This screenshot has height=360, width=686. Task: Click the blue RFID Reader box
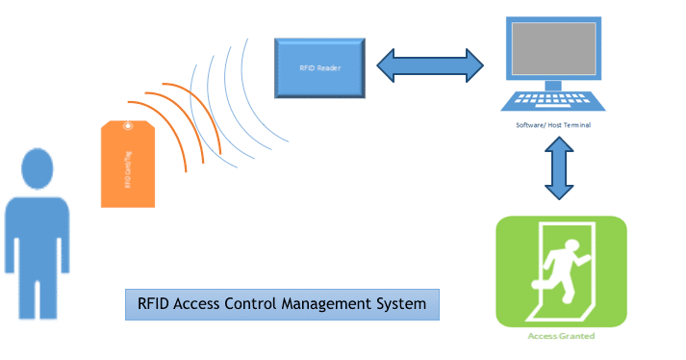click(x=320, y=67)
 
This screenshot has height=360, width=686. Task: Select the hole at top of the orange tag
click(x=128, y=124)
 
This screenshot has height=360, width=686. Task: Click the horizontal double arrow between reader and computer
click(x=428, y=64)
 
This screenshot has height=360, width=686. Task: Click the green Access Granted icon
click(x=560, y=271)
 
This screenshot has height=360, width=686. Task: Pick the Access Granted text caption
click(x=561, y=336)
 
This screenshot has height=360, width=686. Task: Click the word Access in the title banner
click(x=200, y=304)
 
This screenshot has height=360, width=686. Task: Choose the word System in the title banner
click(x=403, y=304)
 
